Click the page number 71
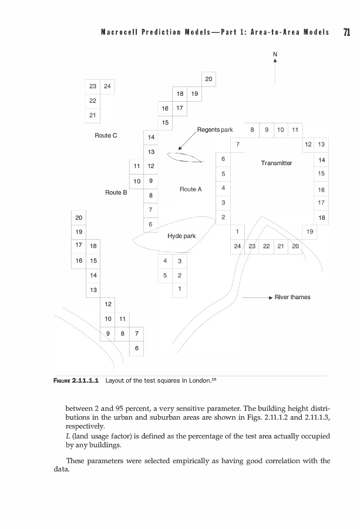click(x=346, y=32)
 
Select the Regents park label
click(x=215, y=129)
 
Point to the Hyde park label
click(x=181, y=236)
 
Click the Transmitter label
click(x=276, y=163)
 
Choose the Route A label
click(x=191, y=189)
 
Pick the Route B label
click(x=116, y=192)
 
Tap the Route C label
click(x=106, y=135)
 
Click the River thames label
click(x=293, y=297)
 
